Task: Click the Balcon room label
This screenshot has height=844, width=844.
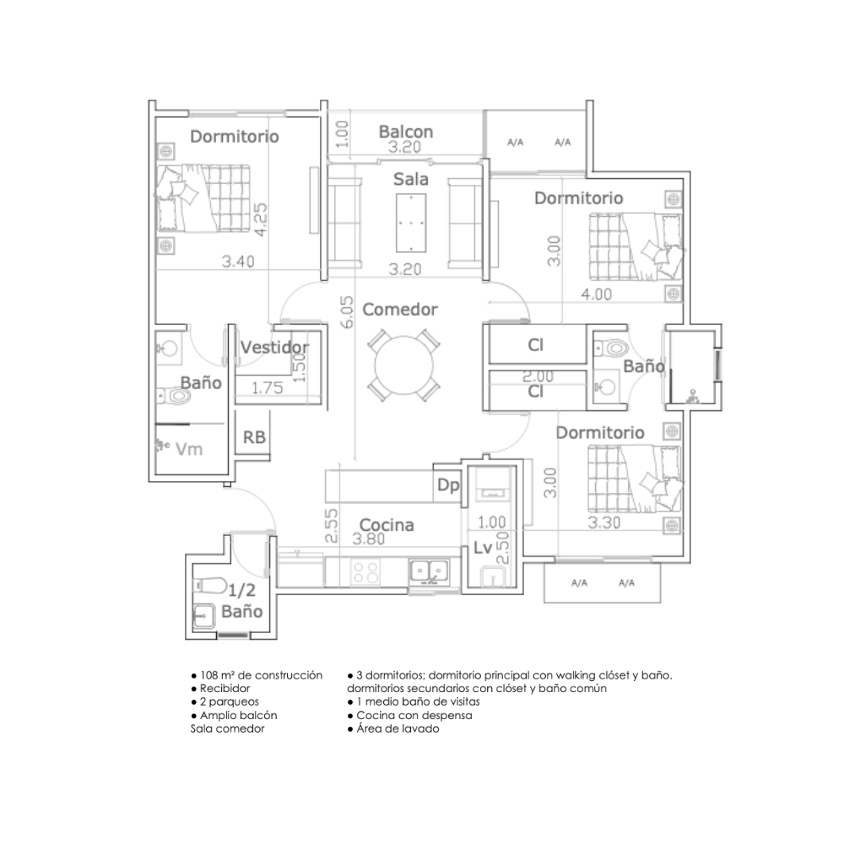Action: pyautogui.click(x=406, y=132)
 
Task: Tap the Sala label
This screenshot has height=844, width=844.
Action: pyautogui.click(x=411, y=179)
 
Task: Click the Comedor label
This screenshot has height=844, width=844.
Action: pyautogui.click(x=400, y=310)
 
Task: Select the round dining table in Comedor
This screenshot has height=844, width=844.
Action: pyautogui.click(x=403, y=365)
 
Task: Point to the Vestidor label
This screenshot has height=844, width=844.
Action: pyautogui.click(x=274, y=347)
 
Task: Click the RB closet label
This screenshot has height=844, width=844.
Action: pyautogui.click(x=254, y=437)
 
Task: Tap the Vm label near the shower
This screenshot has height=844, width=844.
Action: pyautogui.click(x=189, y=449)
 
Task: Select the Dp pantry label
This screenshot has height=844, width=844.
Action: pyautogui.click(x=448, y=485)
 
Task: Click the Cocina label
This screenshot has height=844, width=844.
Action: pyautogui.click(x=387, y=525)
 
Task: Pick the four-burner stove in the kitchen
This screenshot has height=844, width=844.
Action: pyautogui.click(x=365, y=571)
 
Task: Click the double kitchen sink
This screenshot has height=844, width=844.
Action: pyautogui.click(x=429, y=571)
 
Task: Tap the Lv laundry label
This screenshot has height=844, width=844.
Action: pyautogui.click(x=483, y=548)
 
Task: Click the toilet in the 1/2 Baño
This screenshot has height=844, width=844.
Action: pyautogui.click(x=210, y=585)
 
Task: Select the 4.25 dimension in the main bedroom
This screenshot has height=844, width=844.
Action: pyautogui.click(x=261, y=219)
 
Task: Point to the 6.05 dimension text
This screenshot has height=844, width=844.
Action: pyautogui.click(x=347, y=312)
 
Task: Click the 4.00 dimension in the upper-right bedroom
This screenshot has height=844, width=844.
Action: pyautogui.click(x=597, y=295)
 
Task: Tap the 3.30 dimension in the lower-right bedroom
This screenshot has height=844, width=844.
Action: pyautogui.click(x=604, y=522)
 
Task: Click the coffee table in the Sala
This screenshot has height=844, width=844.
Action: pyautogui.click(x=411, y=223)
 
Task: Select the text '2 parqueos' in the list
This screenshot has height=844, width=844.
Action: pyautogui.click(x=230, y=702)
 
